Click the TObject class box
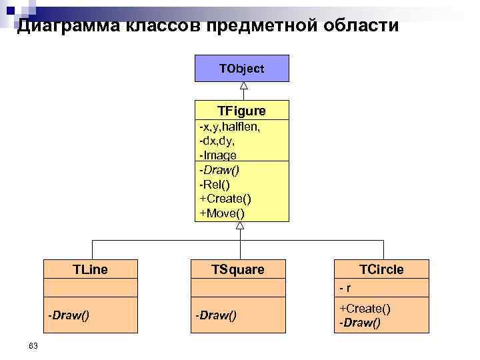click(241, 69)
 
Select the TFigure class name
click(241, 111)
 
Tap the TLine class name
click(91, 269)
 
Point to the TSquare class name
click(238, 269)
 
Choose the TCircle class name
click(382, 269)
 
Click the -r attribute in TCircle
click(345, 289)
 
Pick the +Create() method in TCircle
click(365, 308)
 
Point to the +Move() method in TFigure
click(223, 213)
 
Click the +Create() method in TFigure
click(225, 199)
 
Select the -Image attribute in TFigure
click(218, 155)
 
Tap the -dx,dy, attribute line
click(217, 141)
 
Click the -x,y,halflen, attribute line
click(229, 127)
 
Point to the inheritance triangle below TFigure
click(240, 226)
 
